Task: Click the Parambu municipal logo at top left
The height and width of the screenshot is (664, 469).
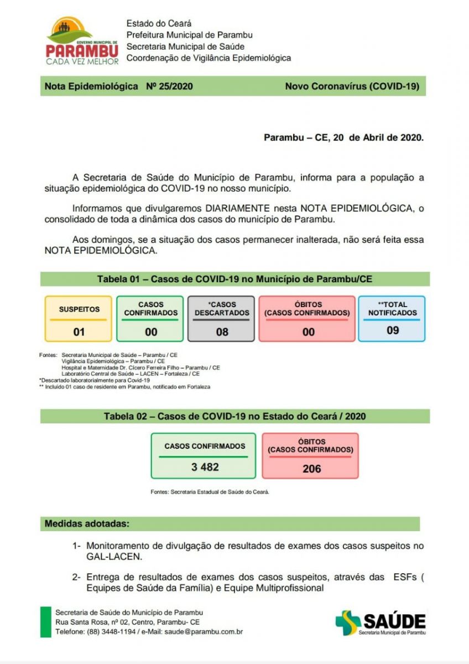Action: tap(82, 41)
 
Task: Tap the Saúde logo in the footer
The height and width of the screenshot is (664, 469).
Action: tap(381, 622)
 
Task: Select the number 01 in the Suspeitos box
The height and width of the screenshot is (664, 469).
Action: tap(79, 333)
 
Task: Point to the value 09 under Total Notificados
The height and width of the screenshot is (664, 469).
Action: tap(392, 330)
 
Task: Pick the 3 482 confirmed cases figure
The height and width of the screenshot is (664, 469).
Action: tap(205, 467)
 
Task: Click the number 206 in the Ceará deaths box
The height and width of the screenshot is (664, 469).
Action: tap(311, 469)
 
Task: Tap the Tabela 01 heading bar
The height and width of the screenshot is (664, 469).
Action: tap(234, 279)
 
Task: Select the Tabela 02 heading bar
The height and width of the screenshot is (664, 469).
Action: tap(234, 416)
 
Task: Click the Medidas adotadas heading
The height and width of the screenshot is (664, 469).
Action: tap(87, 523)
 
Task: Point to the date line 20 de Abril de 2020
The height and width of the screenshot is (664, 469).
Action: tap(343, 137)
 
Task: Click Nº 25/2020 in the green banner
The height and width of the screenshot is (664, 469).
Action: tap(169, 86)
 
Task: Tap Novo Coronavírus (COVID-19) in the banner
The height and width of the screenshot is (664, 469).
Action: tap(352, 86)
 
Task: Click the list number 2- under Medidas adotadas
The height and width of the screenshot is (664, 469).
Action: tap(77, 577)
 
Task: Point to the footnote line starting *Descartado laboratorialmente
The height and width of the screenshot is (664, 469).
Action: tap(95, 380)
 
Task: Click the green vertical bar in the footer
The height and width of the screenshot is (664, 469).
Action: tap(45, 622)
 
